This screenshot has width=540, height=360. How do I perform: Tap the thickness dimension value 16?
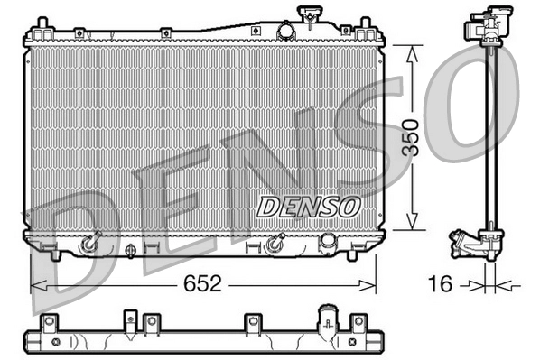click(x=440, y=284)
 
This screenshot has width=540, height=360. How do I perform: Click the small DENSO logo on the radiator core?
click(x=308, y=206)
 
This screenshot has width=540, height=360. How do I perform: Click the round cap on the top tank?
click(x=286, y=30)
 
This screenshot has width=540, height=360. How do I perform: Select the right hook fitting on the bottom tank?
click(x=275, y=244)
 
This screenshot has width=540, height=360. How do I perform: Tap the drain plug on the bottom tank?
click(x=133, y=250)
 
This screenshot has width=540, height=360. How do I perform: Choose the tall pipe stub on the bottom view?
click(x=326, y=318)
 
